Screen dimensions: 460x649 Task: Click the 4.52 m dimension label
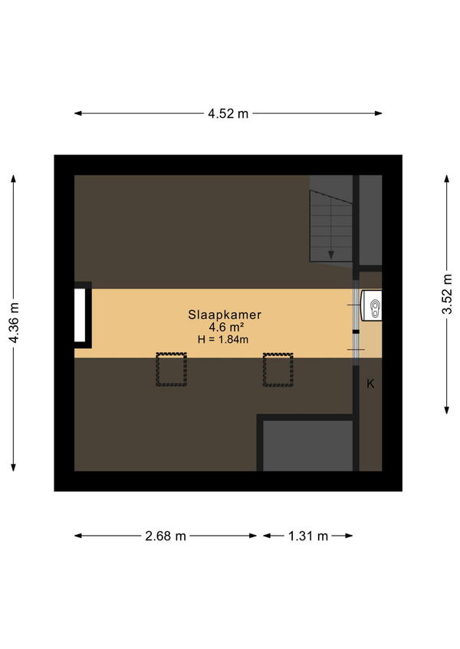[x=228, y=113]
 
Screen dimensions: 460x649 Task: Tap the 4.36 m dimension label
[x=14, y=323]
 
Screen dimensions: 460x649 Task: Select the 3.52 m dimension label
[x=447, y=295]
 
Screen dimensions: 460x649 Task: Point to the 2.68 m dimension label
[x=166, y=536]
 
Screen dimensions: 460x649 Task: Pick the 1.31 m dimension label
[x=308, y=536]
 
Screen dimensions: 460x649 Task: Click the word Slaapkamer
[x=225, y=315]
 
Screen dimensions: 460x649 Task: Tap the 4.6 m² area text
[x=225, y=328]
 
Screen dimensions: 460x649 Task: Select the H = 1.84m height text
[x=223, y=340]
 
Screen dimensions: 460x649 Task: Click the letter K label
[x=370, y=384]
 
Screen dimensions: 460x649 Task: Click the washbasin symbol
[x=372, y=305]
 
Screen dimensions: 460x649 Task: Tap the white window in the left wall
[x=80, y=315]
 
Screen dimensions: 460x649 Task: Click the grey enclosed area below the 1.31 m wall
[x=307, y=445]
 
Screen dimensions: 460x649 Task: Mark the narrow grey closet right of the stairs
[x=370, y=220]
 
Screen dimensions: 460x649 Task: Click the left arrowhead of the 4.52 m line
[x=78, y=113]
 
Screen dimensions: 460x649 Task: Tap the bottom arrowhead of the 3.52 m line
[x=447, y=410]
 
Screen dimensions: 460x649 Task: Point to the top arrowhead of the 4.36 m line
[x=13, y=179]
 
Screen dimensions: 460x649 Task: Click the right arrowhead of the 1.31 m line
[x=349, y=536]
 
